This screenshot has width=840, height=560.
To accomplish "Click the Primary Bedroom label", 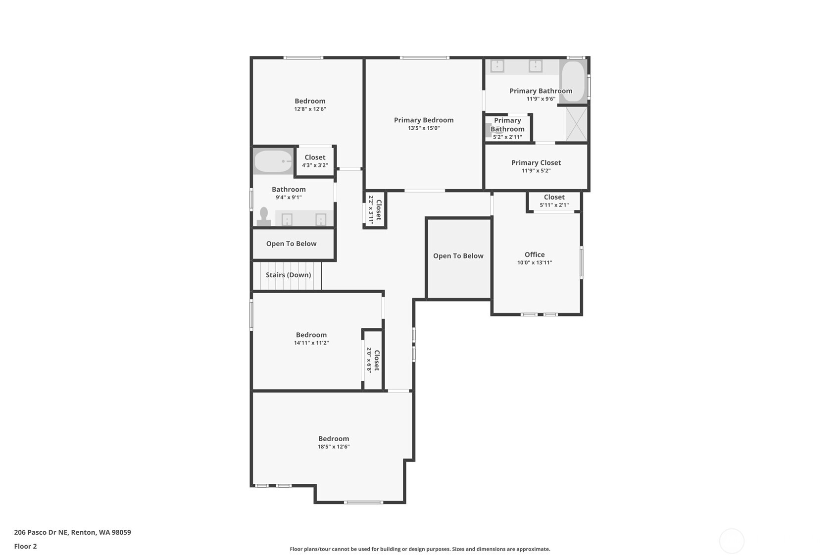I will (423, 120).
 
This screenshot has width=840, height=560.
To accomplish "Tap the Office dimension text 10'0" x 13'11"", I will (534, 263).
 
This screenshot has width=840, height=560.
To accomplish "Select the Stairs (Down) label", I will (288, 275).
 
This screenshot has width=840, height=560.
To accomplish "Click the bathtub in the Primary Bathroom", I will (573, 82).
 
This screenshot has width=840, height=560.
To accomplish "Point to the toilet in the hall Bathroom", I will (264, 217).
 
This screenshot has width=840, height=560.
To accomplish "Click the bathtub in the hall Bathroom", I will (273, 161).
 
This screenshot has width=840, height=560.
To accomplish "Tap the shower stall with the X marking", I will (576, 124).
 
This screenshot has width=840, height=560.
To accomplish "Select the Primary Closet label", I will (536, 162).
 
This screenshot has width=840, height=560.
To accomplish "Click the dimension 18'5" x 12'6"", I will (333, 447).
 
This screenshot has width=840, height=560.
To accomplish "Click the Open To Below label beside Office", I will (458, 256).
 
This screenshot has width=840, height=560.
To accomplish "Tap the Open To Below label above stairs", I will (291, 244).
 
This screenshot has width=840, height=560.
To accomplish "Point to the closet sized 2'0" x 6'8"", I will (373, 360).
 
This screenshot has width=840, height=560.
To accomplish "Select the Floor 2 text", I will (25, 546).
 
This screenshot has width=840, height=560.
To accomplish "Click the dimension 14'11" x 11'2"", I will (311, 343).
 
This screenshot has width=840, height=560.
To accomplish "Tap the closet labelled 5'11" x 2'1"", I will (554, 201).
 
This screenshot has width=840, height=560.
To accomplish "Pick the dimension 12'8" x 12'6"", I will (310, 109).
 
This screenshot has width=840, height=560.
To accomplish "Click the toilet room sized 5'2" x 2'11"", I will (507, 129).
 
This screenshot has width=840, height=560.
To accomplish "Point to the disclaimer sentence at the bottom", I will (420, 549).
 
